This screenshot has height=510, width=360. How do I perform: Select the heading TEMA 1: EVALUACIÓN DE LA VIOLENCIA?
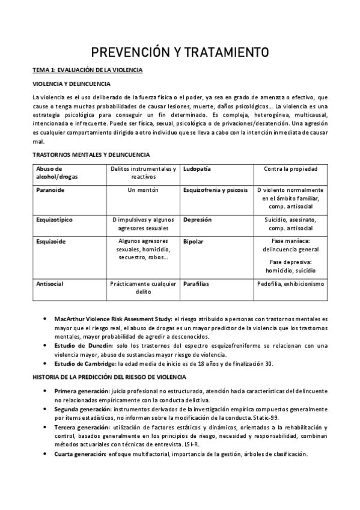pos(87,70)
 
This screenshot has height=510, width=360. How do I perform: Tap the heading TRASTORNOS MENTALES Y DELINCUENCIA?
pos(91,155)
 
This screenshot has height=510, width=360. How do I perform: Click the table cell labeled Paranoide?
pos(50,190)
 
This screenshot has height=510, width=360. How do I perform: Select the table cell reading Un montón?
pos(143,190)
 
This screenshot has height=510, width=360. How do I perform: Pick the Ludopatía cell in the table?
pos(197,169)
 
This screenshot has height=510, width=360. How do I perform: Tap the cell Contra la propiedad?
pos(290,169)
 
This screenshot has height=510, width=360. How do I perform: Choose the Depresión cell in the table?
pos(197,220)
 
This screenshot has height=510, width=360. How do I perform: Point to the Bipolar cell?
pos(193,241)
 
